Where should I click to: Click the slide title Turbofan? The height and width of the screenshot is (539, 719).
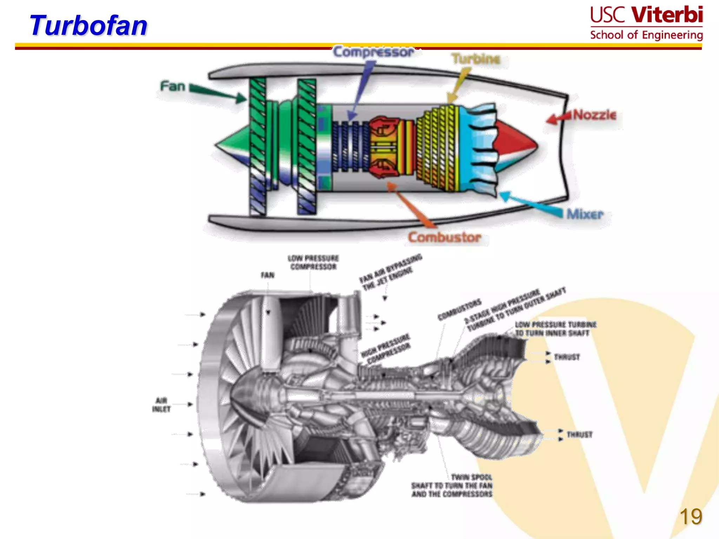pyautogui.click(x=88, y=26)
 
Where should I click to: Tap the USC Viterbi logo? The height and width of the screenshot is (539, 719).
pyautogui.click(x=646, y=23)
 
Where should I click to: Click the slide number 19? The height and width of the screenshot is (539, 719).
pyautogui.click(x=691, y=517)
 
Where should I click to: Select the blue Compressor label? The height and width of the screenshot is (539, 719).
pyautogui.click(x=374, y=52)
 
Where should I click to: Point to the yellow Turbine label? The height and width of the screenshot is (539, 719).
pyautogui.click(x=476, y=59)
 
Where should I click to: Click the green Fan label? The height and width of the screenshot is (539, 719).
pyautogui.click(x=172, y=86)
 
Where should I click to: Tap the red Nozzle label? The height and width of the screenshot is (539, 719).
pyautogui.click(x=594, y=115)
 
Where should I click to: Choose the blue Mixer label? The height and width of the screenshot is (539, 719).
pyautogui.click(x=585, y=214)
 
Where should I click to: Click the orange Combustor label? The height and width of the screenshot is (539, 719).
pyautogui.click(x=444, y=237)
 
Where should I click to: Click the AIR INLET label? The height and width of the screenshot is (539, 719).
pyautogui.click(x=161, y=405)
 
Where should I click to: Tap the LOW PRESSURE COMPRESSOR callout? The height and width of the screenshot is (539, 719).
pyautogui.click(x=313, y=262)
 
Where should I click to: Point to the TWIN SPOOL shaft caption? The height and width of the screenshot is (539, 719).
pyautogui.click(x=452, y=486)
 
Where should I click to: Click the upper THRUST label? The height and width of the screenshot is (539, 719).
pyautogui.click(x=567, y=357)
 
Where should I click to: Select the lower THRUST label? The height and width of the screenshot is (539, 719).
pyautogui.click(x=579, y=434)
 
